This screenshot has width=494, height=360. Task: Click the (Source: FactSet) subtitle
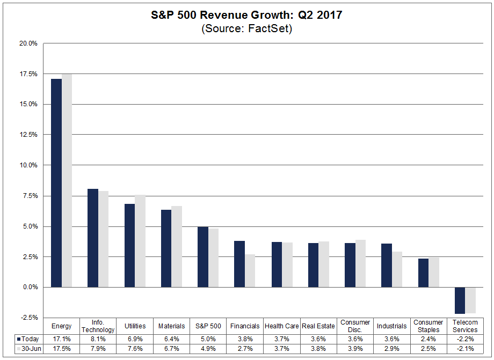(246, 29)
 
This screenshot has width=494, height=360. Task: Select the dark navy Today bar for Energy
(56, 182)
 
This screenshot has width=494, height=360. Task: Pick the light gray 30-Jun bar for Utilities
(140, 241)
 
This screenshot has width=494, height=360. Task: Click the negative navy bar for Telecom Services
(460, 300)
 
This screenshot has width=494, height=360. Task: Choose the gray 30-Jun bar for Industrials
(397, 269)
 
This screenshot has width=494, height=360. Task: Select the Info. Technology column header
(98, 326)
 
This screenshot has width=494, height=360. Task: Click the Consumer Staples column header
(428, 326)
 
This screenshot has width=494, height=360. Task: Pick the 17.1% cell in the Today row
(61, 339)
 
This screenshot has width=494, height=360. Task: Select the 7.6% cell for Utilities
(135, 349)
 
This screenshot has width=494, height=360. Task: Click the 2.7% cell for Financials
(245, 349)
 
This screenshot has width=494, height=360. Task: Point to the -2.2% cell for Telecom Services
(465, 339)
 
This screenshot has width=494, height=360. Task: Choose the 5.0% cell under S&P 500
(208, 339)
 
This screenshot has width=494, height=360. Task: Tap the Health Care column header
(281, 326)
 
